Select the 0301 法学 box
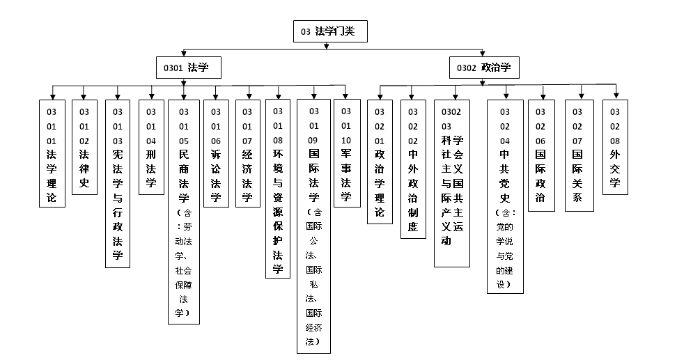pyautogui.click(x=188, y=68)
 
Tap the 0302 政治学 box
pyautogui.click(x=483, y=68)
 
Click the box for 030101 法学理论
pyautogui.click(x=52, y=153)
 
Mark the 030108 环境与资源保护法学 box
pyautogui.click(x=278, y=189)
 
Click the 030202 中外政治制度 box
pyautogui.click(x=413, y=169)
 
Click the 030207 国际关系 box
pyautogui.click(x=577, y=155)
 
